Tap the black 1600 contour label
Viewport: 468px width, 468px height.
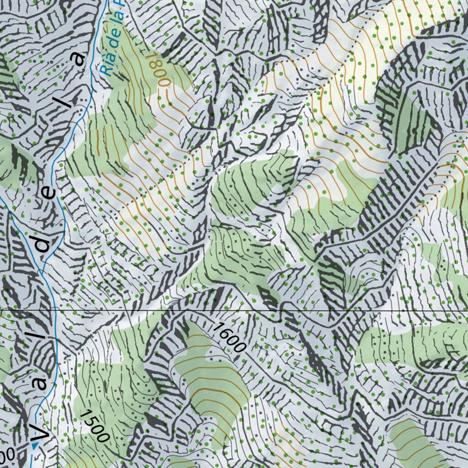click(x=229, y=336)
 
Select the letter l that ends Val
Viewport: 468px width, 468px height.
click(x=42, y=336)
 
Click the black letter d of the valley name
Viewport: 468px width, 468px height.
click(x=44, y=245)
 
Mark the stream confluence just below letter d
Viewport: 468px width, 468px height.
click(x=42, y=272)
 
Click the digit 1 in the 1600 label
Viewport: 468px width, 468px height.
click(x=218, y=325)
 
